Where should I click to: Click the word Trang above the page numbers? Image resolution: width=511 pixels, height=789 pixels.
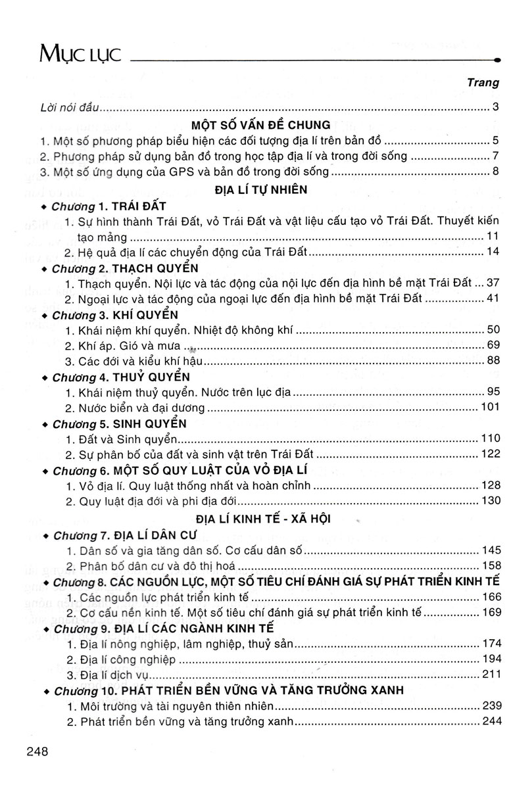tap(483, 83)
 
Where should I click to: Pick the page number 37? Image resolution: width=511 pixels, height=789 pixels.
tap(493, 283)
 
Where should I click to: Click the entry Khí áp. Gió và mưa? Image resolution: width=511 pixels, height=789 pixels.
tap(125, 345)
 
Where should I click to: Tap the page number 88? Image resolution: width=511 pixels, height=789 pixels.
tap(493, 360)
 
